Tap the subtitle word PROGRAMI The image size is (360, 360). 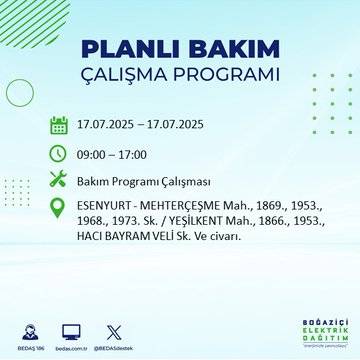[231, 76]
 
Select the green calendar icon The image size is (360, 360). [59, 125]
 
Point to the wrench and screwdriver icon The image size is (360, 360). [59, 181]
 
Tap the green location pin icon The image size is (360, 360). [59, 209]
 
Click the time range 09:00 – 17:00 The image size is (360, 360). [113, 154]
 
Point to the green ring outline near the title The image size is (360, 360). [20, 91]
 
